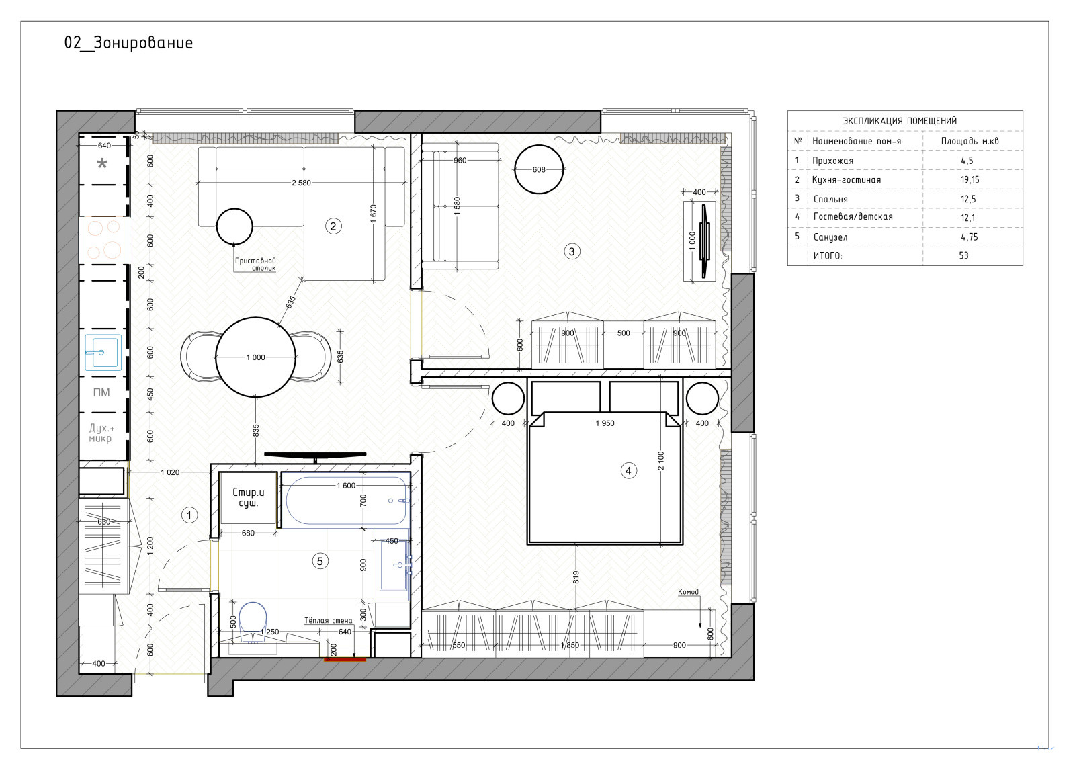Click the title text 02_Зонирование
(x=128, y=43)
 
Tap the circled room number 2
(x=333, y=226)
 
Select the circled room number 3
(x=572, y=251)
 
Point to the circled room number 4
(x=629, y=471)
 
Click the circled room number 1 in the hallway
(x=189, y=515)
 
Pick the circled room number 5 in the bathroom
(x=320, y=560)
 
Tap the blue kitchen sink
(x=103, y=352)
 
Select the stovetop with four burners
(x=105, y=240)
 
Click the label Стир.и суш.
(x=248, y=498)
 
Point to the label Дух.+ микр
(x=101, y=433)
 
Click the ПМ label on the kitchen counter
(x=101, y=392)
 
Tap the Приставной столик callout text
(x=255, y=265)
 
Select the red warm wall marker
(x=345, y=660)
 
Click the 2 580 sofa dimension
(x=302, y=183)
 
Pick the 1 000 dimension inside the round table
(x=256, y=357)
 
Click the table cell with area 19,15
(x=970, y=180)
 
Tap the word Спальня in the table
(x=830, y=199)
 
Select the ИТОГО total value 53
(x=963, y=255)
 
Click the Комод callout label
(x=688, y=592)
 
